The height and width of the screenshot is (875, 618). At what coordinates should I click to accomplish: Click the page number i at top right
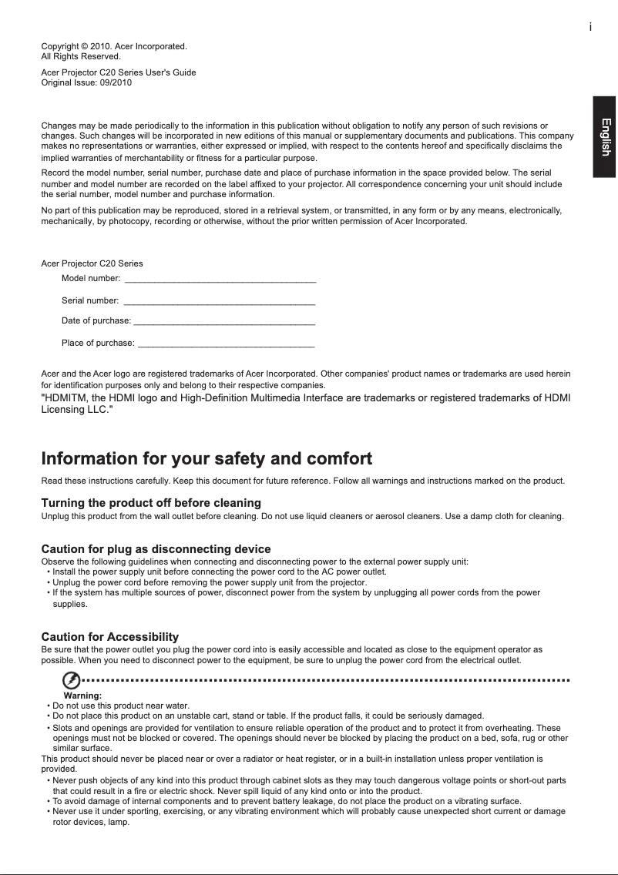590,27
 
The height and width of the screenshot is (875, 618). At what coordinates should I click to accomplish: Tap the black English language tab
605,137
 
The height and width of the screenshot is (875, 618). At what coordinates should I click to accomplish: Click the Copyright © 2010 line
114,47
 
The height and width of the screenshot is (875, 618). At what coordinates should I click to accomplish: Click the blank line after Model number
220,278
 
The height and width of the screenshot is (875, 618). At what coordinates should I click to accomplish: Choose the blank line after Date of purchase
224,320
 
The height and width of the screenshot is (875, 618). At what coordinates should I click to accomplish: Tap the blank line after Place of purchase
226,342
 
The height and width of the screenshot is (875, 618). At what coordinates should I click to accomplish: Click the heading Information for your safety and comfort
206,460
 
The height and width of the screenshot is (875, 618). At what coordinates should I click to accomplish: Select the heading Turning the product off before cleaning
150,503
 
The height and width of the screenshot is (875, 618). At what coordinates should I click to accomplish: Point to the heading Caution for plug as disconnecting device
156,549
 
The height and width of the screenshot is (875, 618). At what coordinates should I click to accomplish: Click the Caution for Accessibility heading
109,637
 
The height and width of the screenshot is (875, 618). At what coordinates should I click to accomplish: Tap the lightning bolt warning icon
71,681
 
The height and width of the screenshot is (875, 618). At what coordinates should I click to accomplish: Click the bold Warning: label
82,696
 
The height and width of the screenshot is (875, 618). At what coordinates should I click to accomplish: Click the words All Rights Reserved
80,57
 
